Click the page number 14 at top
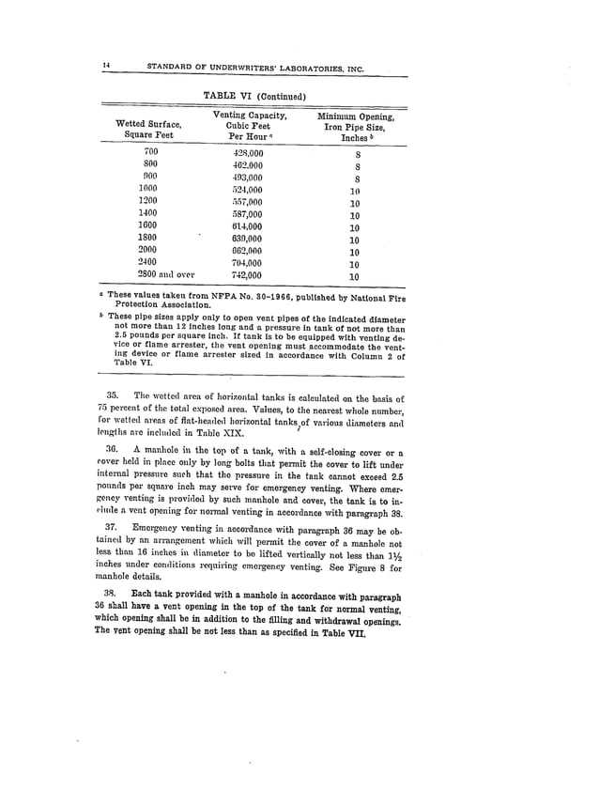point(108,64)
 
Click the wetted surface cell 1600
point(148,226)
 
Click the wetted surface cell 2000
point(148,251)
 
